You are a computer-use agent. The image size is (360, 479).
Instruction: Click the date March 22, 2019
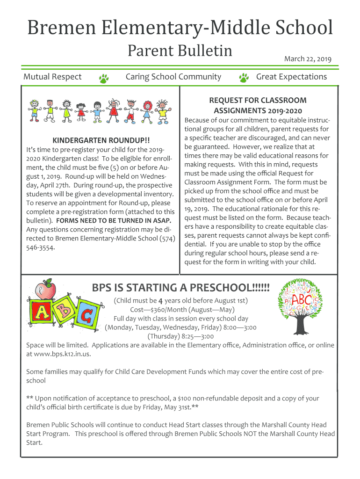308,59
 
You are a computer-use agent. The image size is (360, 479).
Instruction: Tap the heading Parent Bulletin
180,51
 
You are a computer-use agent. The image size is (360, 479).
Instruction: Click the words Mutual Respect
52,77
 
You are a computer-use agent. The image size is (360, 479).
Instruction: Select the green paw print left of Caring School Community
104,78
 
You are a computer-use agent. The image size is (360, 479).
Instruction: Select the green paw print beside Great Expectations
244,78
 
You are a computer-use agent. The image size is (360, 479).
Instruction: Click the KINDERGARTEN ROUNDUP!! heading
101,140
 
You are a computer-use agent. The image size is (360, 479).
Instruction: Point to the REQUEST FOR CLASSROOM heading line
258,100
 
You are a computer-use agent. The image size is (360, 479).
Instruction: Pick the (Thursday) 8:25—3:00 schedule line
180,336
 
